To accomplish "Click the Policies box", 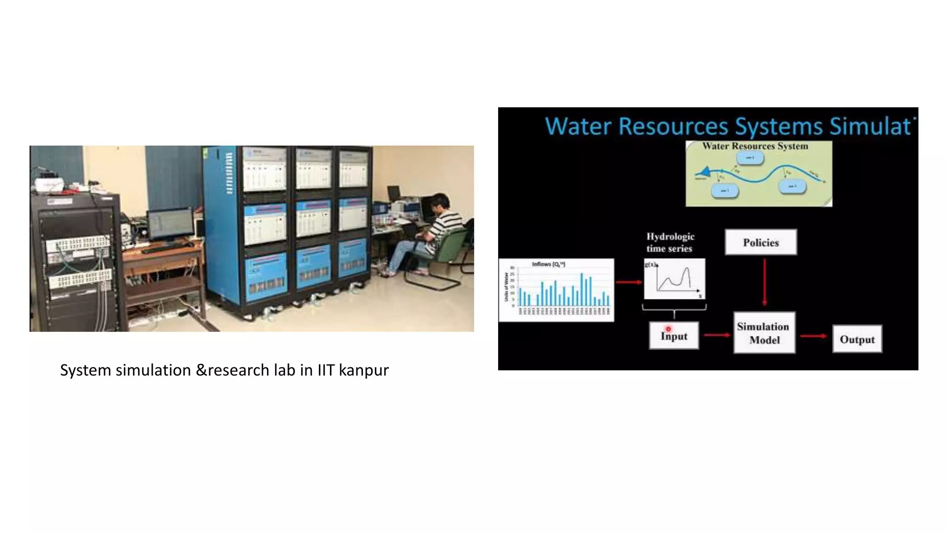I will pos(761,242).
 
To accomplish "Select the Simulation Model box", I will pos(764,333).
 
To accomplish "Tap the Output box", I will pos(857,339).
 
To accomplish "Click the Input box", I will pos(674,336).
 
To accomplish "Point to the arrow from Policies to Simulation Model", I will pos(764,282).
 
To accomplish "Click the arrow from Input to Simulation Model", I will pos(717,335).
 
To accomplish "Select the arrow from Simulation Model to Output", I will pos(813,336).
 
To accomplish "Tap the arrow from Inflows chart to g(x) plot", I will pos(629,282).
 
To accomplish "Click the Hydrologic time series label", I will pos(670,242).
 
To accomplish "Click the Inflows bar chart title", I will pos(549,264).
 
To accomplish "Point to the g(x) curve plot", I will pos(674,279).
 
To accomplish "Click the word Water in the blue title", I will pos(578,126).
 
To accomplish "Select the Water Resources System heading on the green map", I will pos(755,146).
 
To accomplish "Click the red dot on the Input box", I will pos(668,329).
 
